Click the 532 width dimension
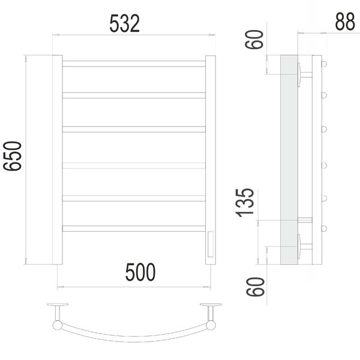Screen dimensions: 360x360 124,23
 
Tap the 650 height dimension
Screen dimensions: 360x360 12,156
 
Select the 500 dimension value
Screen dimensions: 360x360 140,272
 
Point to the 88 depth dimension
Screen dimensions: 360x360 345,22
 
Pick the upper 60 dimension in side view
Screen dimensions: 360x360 254,40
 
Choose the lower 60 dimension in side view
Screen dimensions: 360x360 256,287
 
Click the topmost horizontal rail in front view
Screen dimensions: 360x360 134,64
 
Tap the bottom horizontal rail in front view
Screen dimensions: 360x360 134,229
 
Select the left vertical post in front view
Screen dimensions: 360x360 58,160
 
